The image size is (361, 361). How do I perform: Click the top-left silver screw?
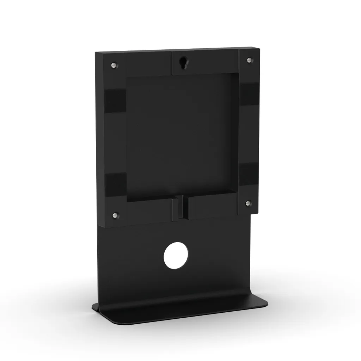[113, 65]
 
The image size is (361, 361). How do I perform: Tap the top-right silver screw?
[249, 60]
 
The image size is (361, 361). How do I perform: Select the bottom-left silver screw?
[114, 215]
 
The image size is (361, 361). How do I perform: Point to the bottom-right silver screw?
[247, 203]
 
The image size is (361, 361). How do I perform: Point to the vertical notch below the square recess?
[180, 208]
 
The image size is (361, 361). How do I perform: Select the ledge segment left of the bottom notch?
[150, 211]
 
